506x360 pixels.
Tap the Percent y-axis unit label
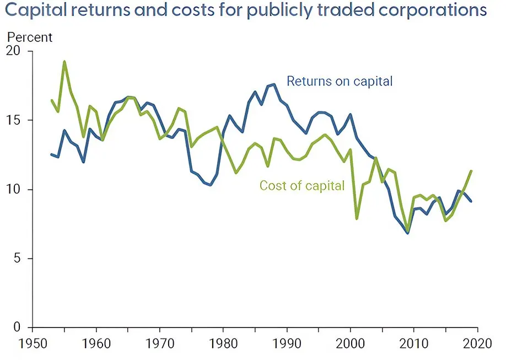point(29,37)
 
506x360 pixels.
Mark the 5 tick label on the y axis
point(22,259)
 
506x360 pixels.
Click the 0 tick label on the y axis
point(22,327)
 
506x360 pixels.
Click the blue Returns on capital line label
point(340,81)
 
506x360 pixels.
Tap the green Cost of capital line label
point(302,185)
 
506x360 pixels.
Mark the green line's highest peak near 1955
point(64,62)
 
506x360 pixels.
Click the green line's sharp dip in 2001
point(357,218)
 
